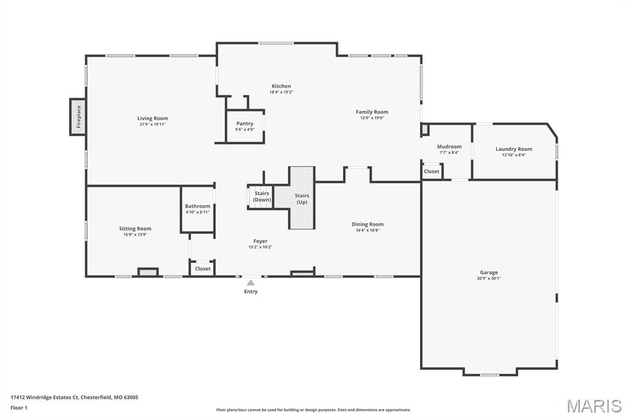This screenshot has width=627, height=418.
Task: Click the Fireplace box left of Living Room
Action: click(x=78, y=117)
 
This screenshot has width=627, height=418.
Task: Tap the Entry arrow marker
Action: click(x=250, y=283)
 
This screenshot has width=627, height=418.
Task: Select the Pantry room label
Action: click(x=245, y=124)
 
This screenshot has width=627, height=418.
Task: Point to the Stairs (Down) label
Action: click(x=261, y=197)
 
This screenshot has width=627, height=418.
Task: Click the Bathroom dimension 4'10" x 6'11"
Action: click(x=197, y=212)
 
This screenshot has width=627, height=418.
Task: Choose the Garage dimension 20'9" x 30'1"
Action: click(x=489, y=278)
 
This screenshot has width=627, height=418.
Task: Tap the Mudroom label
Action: click(x=449, y=146)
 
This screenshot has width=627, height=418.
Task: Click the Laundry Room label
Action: click(x=514, y=149)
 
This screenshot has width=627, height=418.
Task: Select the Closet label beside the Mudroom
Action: click(x=431, y=172)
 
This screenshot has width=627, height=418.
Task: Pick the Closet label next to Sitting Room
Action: click(x=203, y=269)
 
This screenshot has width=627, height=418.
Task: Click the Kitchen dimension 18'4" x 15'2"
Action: click(x=281, y=92)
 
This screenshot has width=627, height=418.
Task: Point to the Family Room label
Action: click(x=372, y=112)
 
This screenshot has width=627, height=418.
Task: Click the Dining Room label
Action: click(x=367, y=224)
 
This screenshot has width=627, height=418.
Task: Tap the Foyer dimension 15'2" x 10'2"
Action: click(x=260, y=247)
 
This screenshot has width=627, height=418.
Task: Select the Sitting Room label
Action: click(x=135, y=229)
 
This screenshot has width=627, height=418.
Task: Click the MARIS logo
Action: click(x=593, y=405)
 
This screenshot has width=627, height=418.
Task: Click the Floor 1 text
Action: click(x=19, y=408)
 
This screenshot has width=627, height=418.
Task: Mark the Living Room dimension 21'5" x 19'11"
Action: click(x=152, y=124)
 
